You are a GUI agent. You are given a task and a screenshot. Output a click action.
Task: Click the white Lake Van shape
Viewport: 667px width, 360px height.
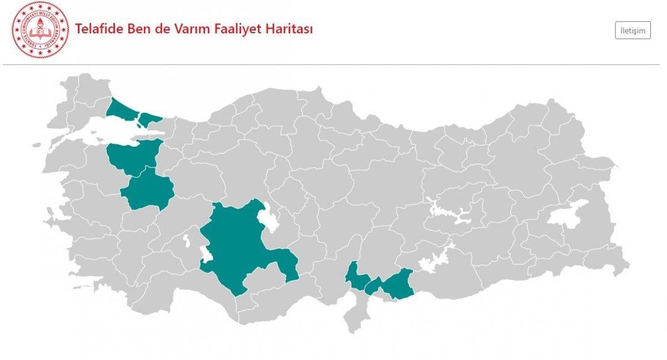click(567, 214)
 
